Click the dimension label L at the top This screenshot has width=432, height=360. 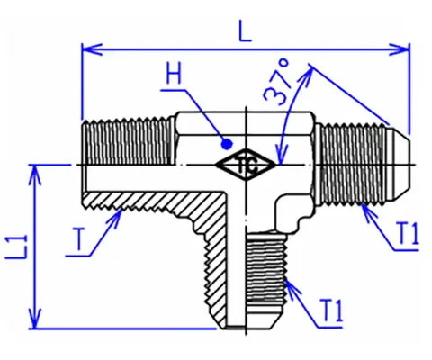(246, 31)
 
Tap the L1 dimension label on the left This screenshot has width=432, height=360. (16, 247)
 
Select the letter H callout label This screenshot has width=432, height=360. (174, 74)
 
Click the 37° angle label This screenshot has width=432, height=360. (277, 82)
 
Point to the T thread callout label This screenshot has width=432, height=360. (79, 238)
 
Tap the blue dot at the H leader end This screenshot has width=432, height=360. (227, 145)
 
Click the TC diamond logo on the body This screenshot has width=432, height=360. (246, 165)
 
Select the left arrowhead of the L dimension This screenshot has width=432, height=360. (92, 49)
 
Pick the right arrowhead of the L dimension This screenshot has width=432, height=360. (400, 49)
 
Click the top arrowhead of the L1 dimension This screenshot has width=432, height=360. (35, 175)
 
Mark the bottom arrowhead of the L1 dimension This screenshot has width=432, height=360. (35, 319)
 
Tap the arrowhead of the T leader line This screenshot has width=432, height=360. (116, 219)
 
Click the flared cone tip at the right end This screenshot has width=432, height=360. (397, 165)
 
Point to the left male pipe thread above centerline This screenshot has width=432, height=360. (129, 141)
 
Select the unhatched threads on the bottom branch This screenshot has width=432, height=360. (265, 267)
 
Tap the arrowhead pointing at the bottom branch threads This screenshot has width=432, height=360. (292, 287)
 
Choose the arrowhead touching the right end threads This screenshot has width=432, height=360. (368, 212)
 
